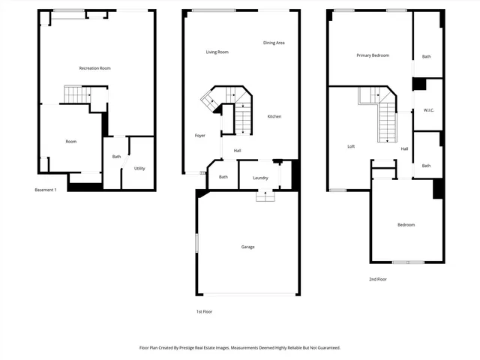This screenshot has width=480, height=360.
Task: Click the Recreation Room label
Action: [x=94, y=68]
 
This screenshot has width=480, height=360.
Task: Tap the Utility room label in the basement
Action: [x=139, y=168]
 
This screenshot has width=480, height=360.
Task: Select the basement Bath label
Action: [x=116, y=157]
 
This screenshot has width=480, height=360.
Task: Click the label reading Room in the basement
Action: [x=70, y=141]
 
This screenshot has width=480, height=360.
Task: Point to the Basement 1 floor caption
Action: [x=46, y=190]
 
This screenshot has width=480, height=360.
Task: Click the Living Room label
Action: [x=217, y=52]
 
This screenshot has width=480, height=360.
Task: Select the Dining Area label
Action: [x=274, y=43]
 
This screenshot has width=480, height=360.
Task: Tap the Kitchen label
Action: [x=274, y=116]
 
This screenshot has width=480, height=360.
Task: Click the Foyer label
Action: [x=200, y=136]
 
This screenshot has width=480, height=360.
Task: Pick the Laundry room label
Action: [x=260, y=178]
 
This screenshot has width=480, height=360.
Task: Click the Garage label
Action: [x=247, y=247]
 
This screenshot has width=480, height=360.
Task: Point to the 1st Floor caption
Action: [x=205, y=311]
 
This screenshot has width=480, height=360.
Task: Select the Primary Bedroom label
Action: [x=373, y=55]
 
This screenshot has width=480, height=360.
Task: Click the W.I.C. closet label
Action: [x=428, y=110]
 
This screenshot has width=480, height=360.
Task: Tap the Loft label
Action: [x=351, y=146]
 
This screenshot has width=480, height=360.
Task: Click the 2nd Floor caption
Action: [x=377, y=279]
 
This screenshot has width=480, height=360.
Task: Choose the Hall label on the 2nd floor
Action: [x=404, y=148]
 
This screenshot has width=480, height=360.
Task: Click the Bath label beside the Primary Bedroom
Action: [x=426, y=56]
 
